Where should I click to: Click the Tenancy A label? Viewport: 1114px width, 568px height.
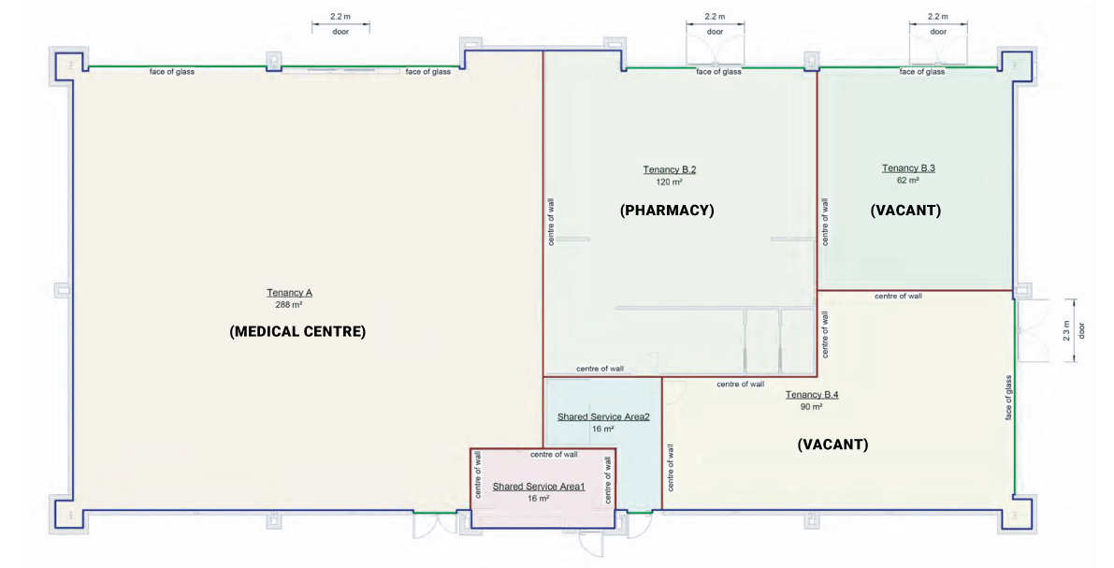tap(289, 293)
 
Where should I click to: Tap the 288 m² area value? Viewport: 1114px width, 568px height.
tap(289, 305)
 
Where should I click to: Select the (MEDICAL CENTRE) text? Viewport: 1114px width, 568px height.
tap(297, 331)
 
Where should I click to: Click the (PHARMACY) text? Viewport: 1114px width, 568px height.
tap(667, 211)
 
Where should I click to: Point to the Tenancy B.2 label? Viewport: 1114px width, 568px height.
tap(669, 169)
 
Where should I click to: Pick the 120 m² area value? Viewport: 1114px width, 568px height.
tap(669, 182)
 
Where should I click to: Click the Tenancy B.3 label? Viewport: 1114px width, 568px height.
tap(908, 168)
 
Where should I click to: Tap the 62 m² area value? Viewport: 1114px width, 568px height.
tap(908, 182)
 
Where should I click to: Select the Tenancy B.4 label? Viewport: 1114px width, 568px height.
tap(812, 395)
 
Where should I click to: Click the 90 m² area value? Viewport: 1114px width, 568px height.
tap(811, 407)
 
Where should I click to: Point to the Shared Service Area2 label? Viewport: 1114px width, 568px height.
tap(603, 416)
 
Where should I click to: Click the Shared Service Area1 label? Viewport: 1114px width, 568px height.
tap(539, 487)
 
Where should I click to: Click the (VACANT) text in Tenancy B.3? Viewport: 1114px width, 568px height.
tap(905, 211)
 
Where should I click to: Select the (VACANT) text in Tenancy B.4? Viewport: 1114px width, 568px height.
tap(832, 444)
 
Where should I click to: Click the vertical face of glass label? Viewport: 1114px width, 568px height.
tap(1009, 397)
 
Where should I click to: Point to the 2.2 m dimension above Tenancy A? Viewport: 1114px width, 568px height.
tap(340, 17)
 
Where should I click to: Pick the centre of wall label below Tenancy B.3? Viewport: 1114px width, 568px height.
tap(898, 296)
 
